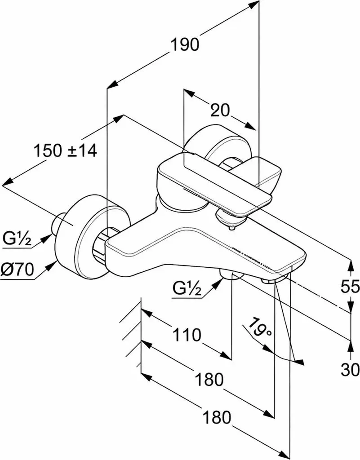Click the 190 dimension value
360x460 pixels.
click(185, 45)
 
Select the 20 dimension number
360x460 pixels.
click(220, 111)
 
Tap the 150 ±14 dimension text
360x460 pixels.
click(65, 151)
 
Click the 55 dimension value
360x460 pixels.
click(350, 286)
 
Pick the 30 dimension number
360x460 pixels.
click(350, 369)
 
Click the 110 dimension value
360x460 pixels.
click(187, 335)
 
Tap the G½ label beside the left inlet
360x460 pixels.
click(17, 238)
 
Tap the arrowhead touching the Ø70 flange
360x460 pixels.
click(52, 266)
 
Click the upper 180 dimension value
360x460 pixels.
click(209, 379)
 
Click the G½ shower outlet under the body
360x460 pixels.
click(232, 275)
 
